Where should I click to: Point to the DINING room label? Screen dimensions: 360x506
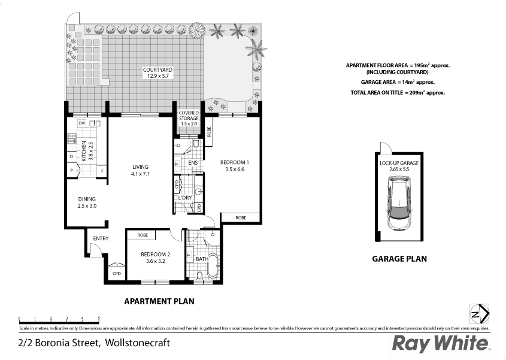pyautogui.click(x=87, y=202)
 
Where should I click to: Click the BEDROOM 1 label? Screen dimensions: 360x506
pyautogui.click(x=233, y=165)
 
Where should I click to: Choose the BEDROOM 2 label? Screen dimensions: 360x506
pyautogui.click(x=155, y=258)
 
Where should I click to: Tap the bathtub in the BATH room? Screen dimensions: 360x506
pyautogui.click(x=212, y=265)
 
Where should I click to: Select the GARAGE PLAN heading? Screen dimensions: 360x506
pyautogui.click(x=399, y=259)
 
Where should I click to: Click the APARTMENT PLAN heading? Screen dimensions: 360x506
pyautogui.click(x=158, y=301)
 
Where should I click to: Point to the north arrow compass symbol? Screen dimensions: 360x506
pyautogui.click(x=480, y=313)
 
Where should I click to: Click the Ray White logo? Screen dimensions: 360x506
pyautogui.click(x=440, y=344)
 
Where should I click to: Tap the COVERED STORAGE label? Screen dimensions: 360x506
pyautogui.click(x=188, y=118)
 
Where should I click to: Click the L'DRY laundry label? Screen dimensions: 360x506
pyautogui.click(x=185, y=198)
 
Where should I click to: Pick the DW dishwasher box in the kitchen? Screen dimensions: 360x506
pyautogui.click(x=82, y=123)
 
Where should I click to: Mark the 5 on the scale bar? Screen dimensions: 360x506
pyautogui.click(x=99, y=319)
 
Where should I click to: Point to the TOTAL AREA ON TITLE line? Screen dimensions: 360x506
pyautogui.click(x=397, y=93)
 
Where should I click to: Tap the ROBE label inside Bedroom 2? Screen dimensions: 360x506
pyautogui.click(x=143, y=235)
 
